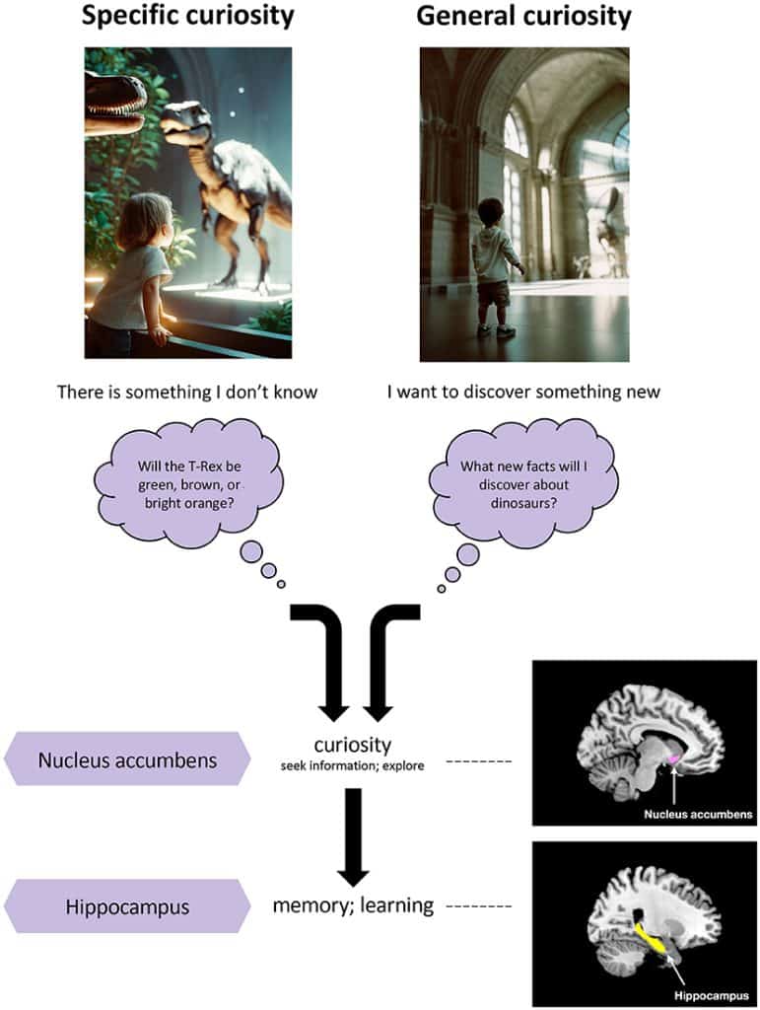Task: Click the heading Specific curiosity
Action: [187, 17]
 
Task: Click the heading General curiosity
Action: [523, 17]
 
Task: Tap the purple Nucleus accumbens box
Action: [127, 759]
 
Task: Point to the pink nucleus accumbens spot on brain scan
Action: [675, 757]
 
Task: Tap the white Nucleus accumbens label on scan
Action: [698, 815]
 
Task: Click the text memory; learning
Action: [353, 903]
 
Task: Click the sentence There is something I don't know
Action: [187, 392]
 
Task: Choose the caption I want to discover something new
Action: [523, 392]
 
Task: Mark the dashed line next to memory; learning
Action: [479, 904]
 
